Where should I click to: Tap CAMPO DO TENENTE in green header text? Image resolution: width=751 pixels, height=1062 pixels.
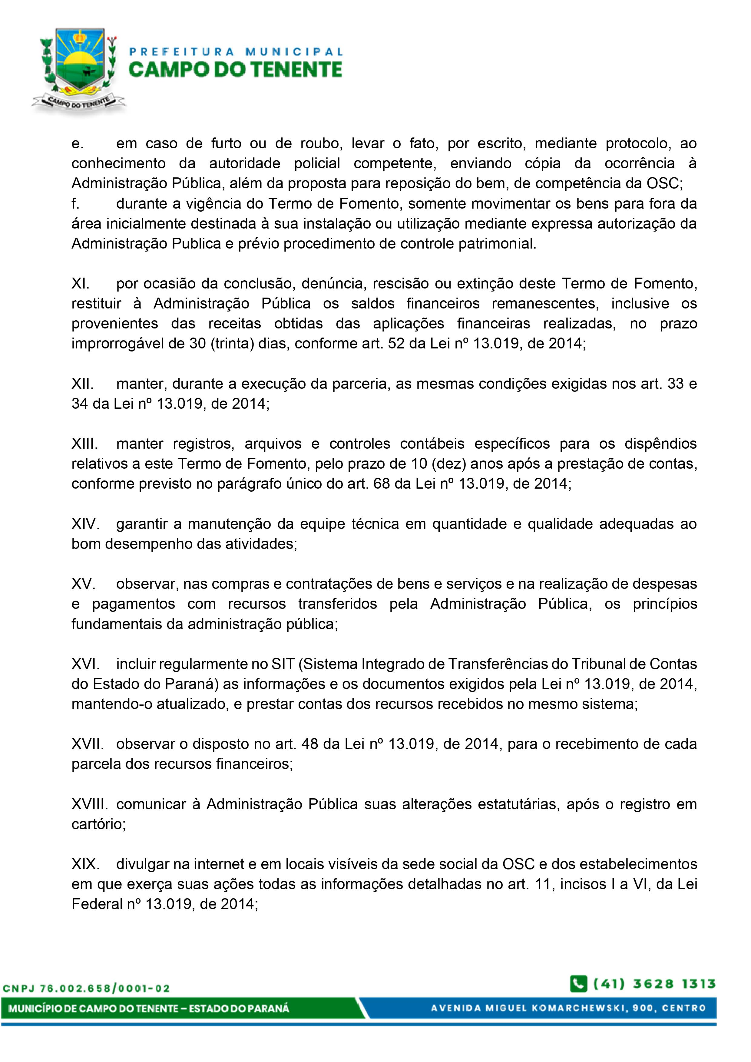tap(235, 70)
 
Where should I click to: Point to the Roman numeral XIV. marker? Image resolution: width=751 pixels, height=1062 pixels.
tap(85, 524)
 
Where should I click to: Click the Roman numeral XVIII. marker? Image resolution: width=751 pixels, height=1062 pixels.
tap(90, 804)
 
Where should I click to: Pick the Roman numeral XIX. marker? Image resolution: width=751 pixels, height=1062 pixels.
tap(85, 864)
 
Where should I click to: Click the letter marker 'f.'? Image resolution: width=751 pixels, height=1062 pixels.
tap(75, 203)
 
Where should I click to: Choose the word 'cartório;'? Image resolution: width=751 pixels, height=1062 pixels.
tap(98, 824)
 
